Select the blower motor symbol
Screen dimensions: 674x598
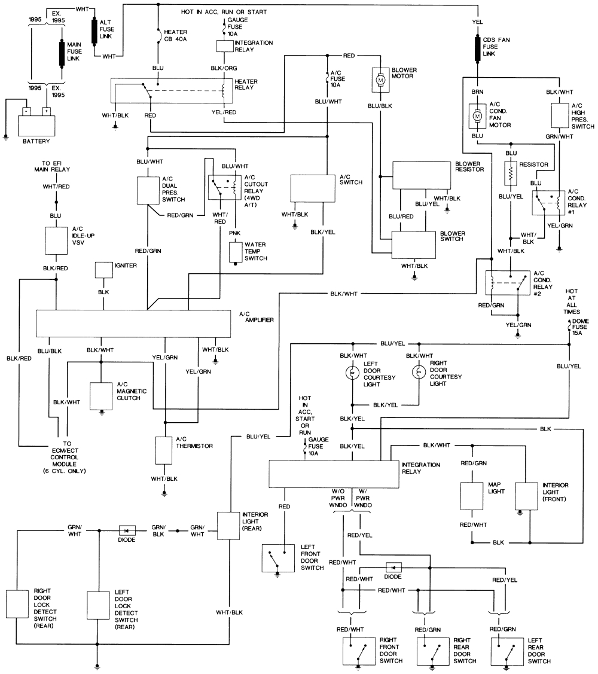[380, 79]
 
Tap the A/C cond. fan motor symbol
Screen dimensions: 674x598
[477, 116]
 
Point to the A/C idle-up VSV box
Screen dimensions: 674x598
[56, 240]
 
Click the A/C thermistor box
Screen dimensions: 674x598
[164, 450]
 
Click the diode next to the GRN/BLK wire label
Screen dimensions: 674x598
[127, 530]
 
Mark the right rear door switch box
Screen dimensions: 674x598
[429, 651]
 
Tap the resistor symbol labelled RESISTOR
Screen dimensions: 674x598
[510, 173]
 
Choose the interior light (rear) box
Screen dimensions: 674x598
[228, 526]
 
